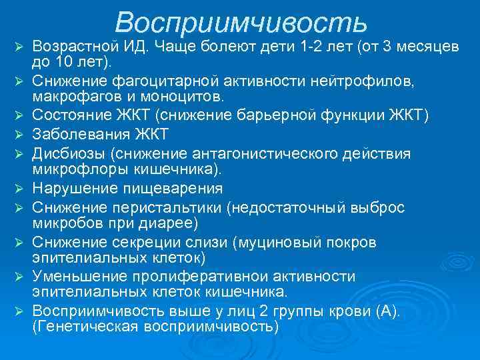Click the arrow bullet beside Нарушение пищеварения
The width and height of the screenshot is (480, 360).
coord(20,189)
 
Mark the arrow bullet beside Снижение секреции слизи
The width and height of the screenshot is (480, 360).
coord(20,241)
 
